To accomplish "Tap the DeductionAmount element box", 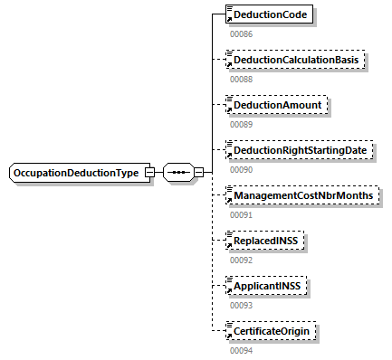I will pyautogui.click(x=278, y=106).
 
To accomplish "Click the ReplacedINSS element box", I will pyautogui.click(x=267, y=242).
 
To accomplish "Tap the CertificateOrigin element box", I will pyautogui.click(x=272, y=332).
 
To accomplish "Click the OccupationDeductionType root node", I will pyautogui.click(x=80, y=173).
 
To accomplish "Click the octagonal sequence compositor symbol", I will pyautogui.click(x=177, y=173).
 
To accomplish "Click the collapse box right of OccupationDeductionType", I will pyautogui.click(x=150, y=173).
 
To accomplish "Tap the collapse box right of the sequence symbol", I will pyautogui.click(x=198, y=173).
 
